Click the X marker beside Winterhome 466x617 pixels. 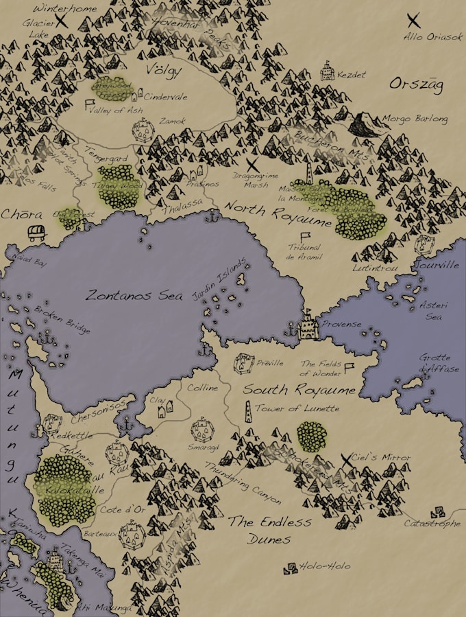pyautogui.click(x=63, y=21)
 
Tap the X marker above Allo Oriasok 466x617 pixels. pyautogui.click(x=414, y=20)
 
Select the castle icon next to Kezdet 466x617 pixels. pyautogui.click(x=328, y=71)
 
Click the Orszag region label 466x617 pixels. pyautogui.click(x=416, y=84)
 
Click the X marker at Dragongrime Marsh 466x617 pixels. pyautogui.click(x=252, y=164)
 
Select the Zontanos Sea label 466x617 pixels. pyautogui.click(x=134, y=295)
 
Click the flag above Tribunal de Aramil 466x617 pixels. pyautogui.click(x=305, y=237)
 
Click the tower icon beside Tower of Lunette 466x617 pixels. pyautogui.click(x=247, y=409)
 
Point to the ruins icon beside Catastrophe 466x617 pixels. pyautogui.click(x=437, y=512)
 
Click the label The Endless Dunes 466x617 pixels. pyautogui.click(x=269, y=530)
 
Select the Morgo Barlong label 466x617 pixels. pyautogui.click(x=415, y=119)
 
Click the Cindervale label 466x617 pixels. pyautogui.click(x=165, y=97)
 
